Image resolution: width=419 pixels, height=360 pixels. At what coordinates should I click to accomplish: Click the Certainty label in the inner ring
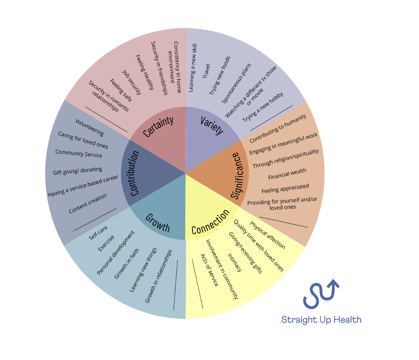click(158, 127)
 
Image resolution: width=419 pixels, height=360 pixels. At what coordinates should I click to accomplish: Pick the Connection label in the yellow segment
click(210, 222)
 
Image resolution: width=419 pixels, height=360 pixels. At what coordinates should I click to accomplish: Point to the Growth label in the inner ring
click(157, 223)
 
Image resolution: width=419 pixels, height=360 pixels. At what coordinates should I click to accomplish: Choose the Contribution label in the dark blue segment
click(134, 173)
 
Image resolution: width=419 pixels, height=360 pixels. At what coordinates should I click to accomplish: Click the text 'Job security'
click(131, 82)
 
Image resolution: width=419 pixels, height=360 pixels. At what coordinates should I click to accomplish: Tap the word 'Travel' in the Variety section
click(206, 71)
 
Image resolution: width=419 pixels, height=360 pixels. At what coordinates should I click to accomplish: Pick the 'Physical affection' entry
click(267, 235)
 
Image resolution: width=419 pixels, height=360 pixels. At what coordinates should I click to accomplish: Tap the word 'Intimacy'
click(234, 262)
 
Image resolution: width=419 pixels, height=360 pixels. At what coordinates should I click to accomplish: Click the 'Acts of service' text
click(209, 270)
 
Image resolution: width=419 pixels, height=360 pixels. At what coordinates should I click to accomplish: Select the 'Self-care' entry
click(98, 233)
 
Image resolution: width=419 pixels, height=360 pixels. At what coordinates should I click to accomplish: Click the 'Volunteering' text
click(90, 127)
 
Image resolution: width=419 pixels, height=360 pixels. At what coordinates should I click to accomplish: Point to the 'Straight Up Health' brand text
click(321, 320)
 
